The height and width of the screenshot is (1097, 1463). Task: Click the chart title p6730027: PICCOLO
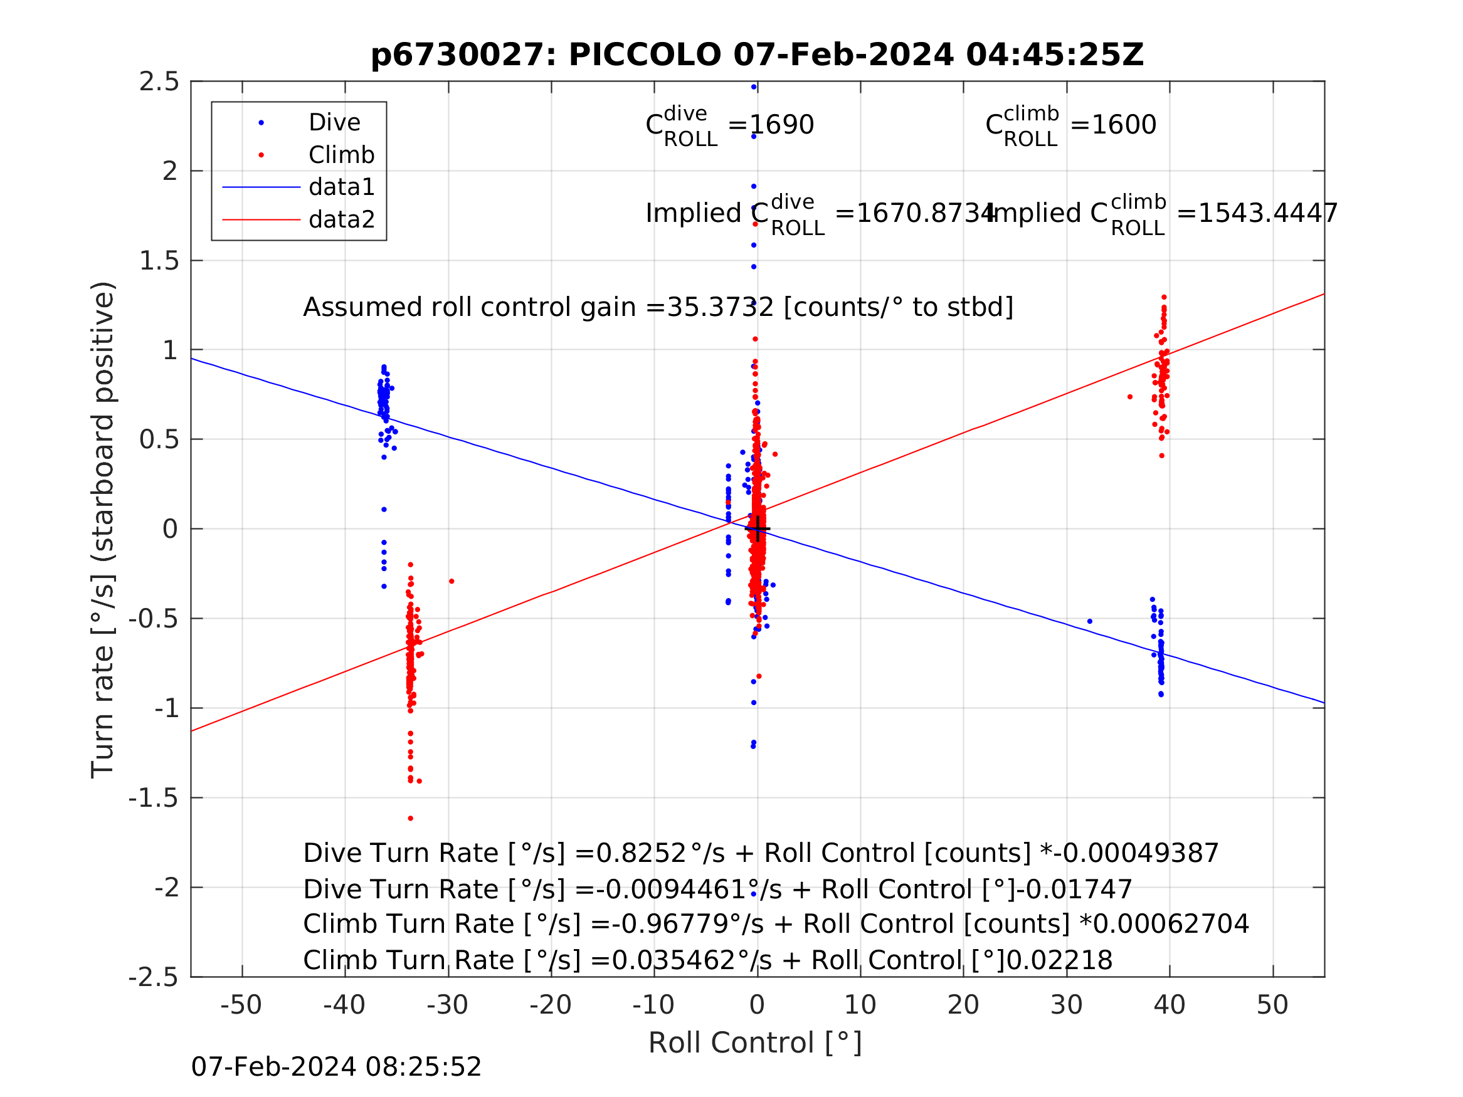point(757,55)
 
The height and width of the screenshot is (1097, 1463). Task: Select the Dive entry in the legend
point(334,123)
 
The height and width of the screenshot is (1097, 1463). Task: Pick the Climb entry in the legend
point(341,155)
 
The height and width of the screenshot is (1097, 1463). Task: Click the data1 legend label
point(341,188)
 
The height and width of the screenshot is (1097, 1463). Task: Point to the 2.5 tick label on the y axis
point(159,82)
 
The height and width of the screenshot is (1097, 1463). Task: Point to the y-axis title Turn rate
point(103,530)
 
